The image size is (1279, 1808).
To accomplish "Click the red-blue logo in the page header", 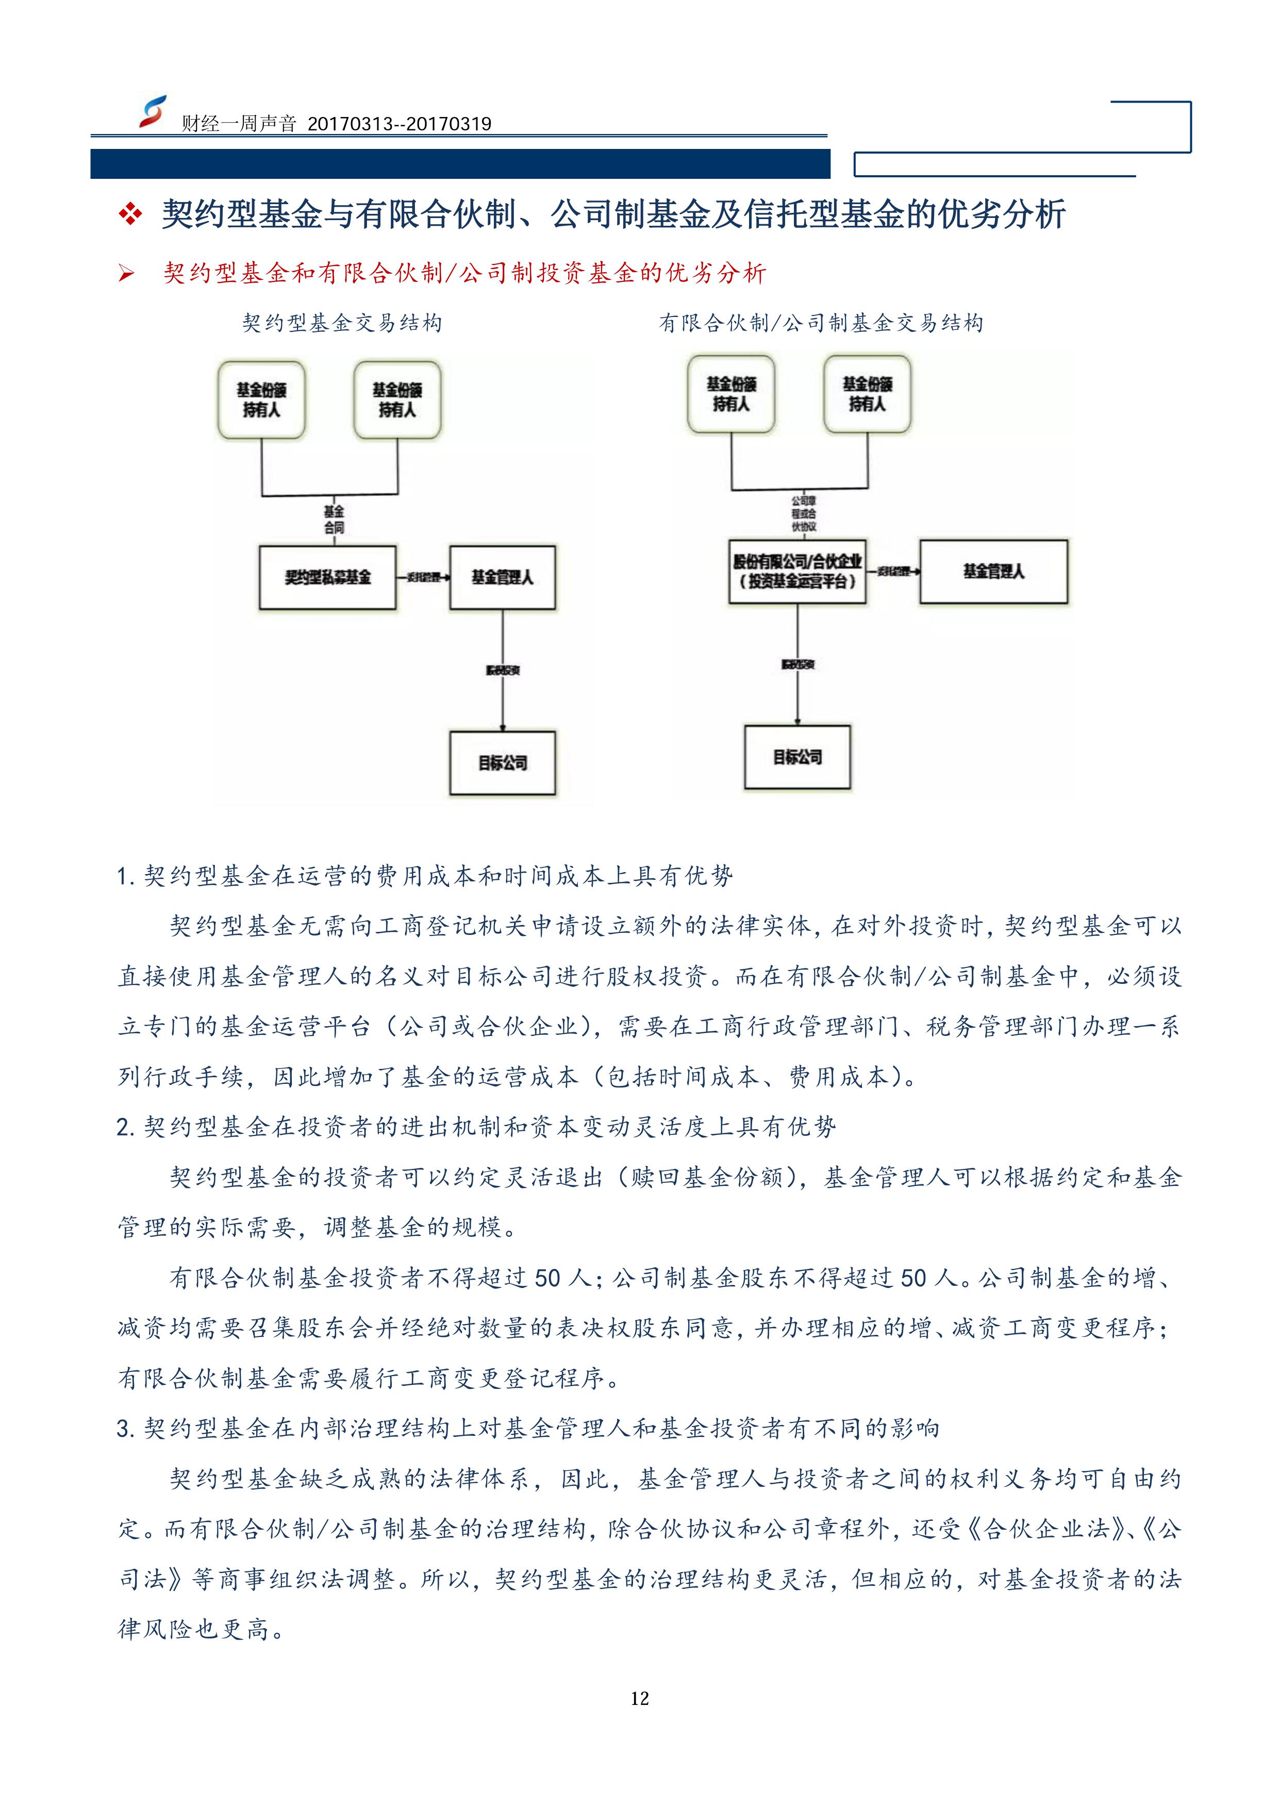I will [x=152, y=112].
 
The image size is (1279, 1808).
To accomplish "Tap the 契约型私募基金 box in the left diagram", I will [x=328, y=577].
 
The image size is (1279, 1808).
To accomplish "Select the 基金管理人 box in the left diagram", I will [x=503, y=577].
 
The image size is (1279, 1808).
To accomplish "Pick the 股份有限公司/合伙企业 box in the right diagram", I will [x=797, y=572].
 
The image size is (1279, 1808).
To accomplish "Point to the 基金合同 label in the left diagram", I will [x=334, y=520].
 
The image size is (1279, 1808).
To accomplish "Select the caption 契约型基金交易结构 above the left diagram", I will [x=342, y=323].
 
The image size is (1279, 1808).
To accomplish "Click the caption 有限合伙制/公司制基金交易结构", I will [x=821, y=323].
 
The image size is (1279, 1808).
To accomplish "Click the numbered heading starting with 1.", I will [x=425, y=876].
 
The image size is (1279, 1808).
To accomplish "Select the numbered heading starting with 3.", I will [x=528, y=1429].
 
